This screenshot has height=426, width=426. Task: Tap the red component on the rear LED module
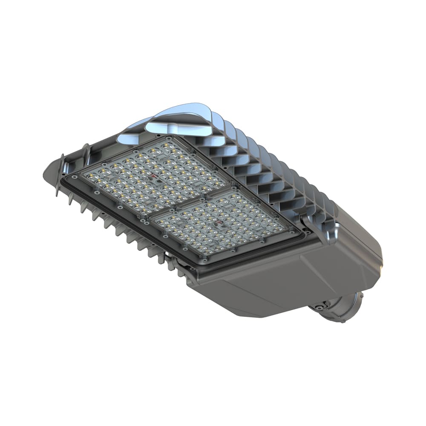220,222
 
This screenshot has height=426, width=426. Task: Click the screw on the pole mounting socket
319,305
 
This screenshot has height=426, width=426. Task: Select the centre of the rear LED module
222,224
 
